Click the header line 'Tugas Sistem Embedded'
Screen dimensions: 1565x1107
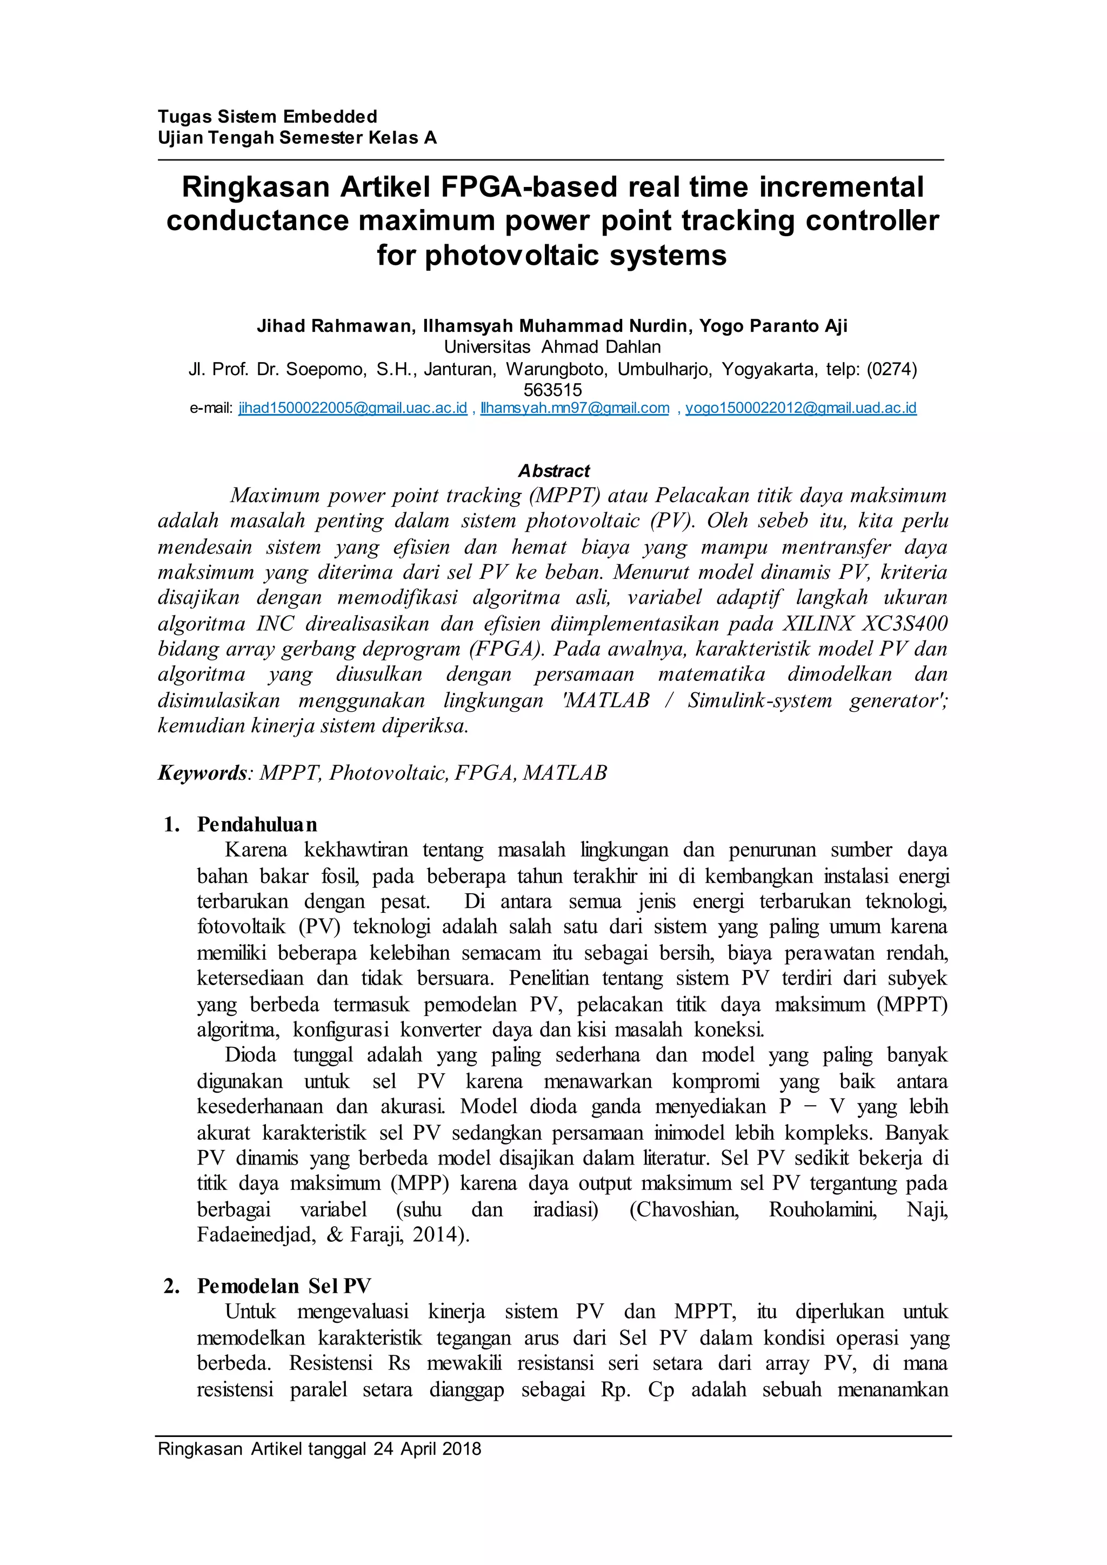coord(267,117)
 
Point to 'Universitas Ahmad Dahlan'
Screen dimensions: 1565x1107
coord(552,347)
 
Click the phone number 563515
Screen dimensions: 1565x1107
coord(552,390)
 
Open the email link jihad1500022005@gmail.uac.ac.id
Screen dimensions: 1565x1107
coord(352,409)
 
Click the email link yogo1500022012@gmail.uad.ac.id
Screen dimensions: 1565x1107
coord(801,409)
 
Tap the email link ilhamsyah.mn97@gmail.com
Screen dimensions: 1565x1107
coord(575,409)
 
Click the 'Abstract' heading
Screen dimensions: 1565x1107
coord(553,471)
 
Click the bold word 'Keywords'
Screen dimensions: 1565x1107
coord(202,773)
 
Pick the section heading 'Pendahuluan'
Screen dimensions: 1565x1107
coord(257,825)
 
